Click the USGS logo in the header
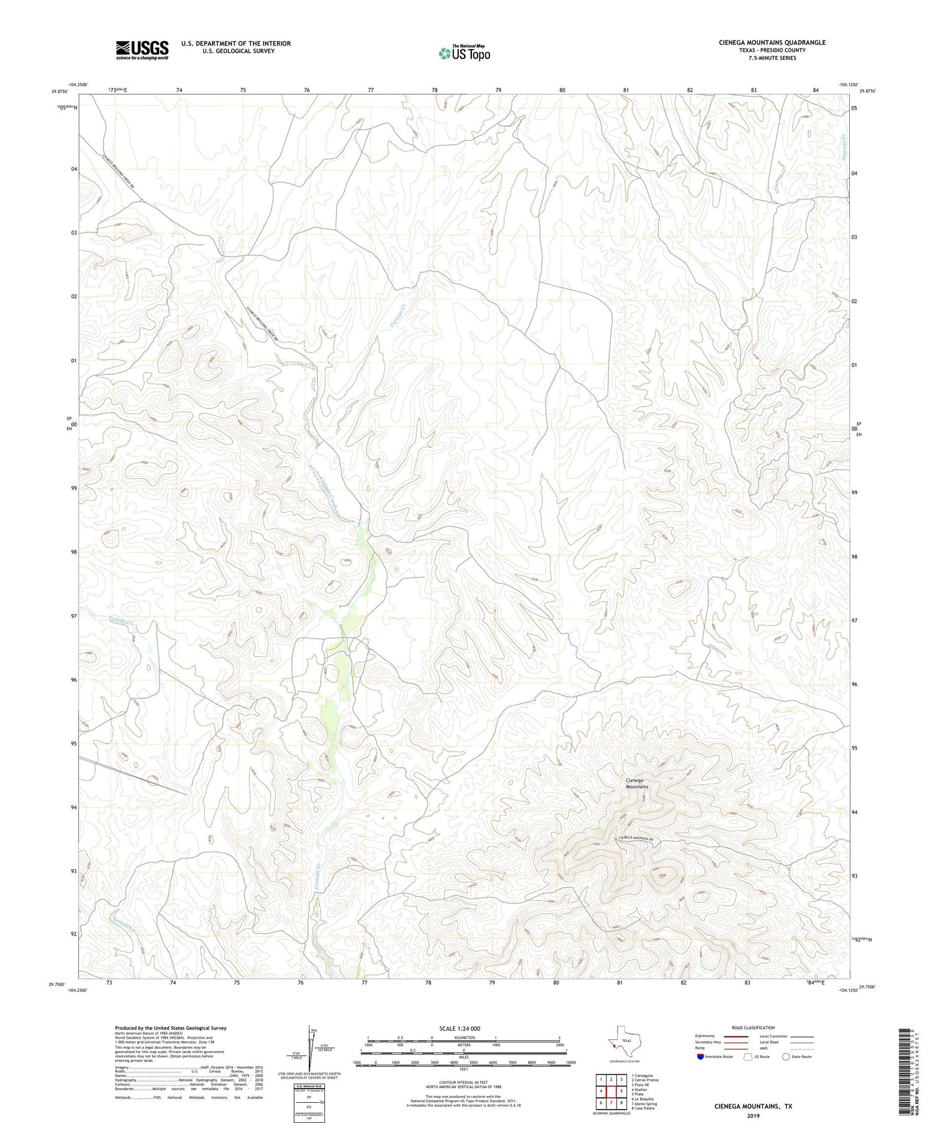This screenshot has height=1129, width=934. (142, 50)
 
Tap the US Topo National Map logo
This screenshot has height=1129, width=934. (464, 53)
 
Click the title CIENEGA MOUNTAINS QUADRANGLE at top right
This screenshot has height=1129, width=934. (763, 42)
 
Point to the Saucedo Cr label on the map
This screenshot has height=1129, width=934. (842, 147)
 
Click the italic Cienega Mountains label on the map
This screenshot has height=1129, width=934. (636, 783)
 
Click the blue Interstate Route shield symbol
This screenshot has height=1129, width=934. (701, 1057)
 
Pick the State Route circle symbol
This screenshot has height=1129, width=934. (786, 1057)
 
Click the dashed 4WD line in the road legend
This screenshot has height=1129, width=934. (803, 1047)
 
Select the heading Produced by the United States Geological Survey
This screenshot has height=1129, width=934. (171, 1028)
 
